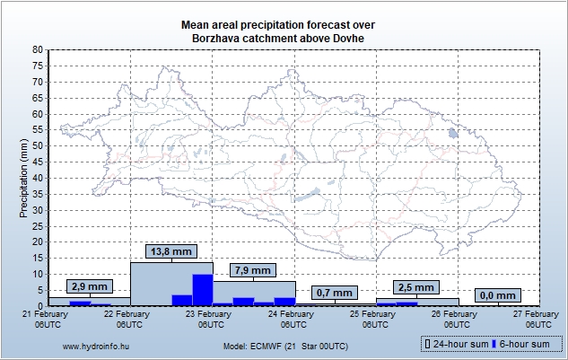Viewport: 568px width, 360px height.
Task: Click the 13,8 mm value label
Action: [170, 252]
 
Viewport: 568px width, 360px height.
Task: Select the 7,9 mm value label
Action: [252, 270]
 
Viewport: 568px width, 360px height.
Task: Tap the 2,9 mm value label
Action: [89, 286]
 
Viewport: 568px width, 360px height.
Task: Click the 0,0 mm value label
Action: [497, 294]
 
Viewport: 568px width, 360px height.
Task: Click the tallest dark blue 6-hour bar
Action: [203, 290]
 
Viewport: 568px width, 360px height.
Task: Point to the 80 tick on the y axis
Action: [38, 50]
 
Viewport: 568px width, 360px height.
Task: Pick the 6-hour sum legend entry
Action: [523, 344]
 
